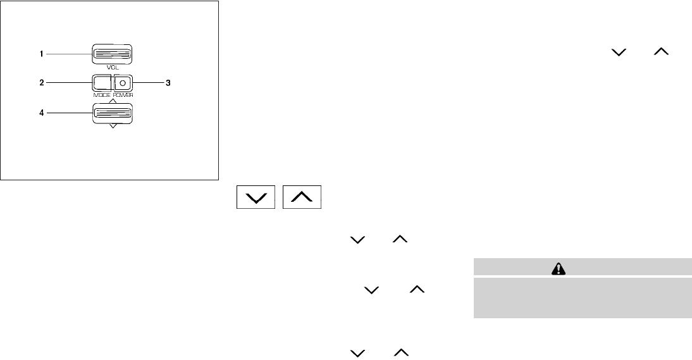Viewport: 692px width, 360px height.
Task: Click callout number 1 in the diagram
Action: click(41, 54)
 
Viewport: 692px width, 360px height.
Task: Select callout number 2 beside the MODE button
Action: click(41, 82)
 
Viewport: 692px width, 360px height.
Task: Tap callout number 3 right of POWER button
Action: click(168, 82)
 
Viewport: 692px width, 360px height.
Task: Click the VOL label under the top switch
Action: click(113, 67)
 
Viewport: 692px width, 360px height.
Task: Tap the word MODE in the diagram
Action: click(102, 94)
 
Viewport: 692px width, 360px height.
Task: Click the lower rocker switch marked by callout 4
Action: click(113, 114)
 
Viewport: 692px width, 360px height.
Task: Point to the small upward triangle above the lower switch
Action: click(113, 101)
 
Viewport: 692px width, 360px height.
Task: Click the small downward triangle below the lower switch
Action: click(113, 127)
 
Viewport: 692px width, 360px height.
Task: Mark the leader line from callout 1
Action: click(70, 54)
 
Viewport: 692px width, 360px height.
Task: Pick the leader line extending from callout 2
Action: click(68, 82)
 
